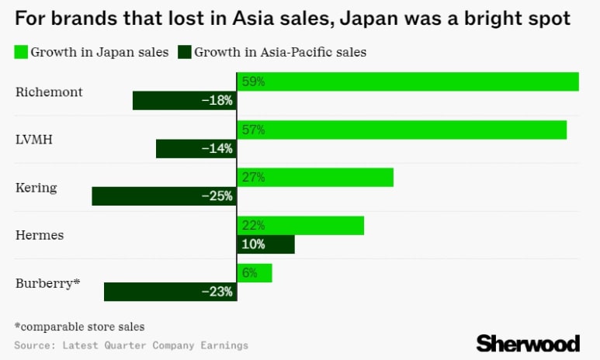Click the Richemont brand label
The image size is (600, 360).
49,92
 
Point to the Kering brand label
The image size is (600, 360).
36,188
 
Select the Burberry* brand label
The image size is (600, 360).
48,283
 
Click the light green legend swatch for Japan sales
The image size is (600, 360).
21,53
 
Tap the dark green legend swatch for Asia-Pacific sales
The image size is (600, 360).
185,53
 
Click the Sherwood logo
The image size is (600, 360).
528,344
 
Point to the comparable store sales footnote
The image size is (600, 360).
79,327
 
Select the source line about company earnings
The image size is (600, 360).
130,344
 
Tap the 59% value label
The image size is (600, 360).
253,81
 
